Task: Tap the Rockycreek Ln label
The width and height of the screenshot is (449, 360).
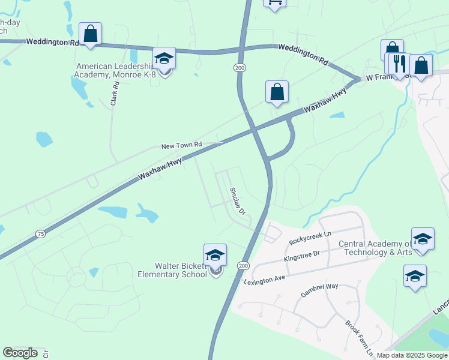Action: click(x=310, y=238)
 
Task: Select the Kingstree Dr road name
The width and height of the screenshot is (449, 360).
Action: click(x=304, y=257)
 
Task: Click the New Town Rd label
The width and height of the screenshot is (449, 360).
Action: click(x=181, y=146)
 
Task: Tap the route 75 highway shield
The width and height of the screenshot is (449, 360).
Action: click(x=40, y=233)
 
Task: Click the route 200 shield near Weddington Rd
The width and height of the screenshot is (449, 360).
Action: click(x=240, y=68)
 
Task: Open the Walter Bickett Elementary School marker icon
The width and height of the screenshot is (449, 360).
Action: click(x=215, y=256)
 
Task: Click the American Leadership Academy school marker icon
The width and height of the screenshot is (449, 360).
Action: click(x=164, y=59)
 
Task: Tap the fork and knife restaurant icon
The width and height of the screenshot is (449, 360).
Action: click(x=399, y=64)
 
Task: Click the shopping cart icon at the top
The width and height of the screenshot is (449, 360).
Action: click(x=274, y=4)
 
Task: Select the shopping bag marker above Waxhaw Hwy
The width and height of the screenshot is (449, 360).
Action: click(x=277, y=92)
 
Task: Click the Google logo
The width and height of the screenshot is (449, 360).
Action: click(x=20, y=353)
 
